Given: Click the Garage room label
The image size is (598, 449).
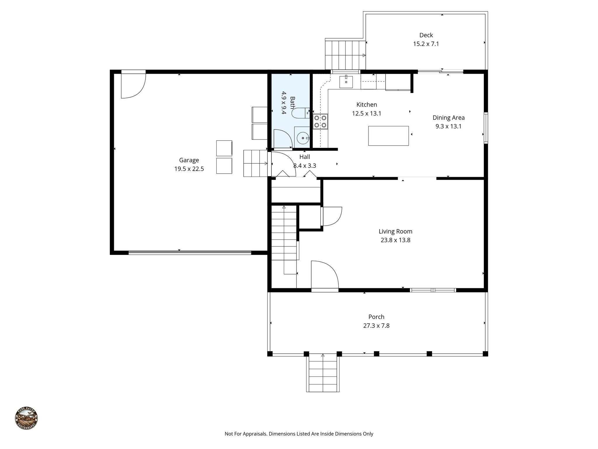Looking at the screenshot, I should pos(189,160).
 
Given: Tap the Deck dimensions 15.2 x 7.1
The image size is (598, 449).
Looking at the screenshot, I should pos(426,44).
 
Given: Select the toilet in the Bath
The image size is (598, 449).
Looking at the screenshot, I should pos(299,113).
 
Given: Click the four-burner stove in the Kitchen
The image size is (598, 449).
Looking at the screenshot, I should pos(320,122).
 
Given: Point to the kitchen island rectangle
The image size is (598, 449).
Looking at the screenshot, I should pos(388,136).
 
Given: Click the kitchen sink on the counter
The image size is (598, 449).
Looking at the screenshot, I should pos(346,82).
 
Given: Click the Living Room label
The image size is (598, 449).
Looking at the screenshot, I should pos(395,232).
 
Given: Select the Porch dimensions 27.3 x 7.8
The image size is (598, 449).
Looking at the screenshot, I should pos(376,326).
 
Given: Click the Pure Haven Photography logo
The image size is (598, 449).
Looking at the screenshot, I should pos(26,418).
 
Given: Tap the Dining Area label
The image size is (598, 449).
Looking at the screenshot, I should pos(448,118).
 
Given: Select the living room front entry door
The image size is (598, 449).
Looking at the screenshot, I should pos(324,275).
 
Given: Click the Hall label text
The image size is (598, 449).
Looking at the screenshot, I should pos(305,157).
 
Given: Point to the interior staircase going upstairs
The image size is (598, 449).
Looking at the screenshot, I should pos(284,234).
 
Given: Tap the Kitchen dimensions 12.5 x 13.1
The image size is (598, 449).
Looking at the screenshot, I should pos(366,113).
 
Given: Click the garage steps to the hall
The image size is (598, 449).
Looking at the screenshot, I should pos(255,163).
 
